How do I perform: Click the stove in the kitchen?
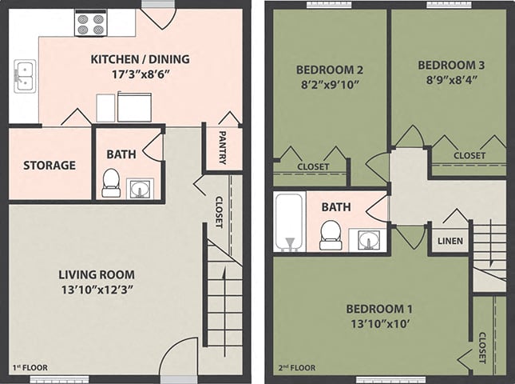click(91, 23)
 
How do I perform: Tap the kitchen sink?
click(24, 76)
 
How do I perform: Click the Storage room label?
click(50, 166)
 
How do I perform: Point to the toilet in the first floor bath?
click(111, 183)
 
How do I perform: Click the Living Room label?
click(97, 274)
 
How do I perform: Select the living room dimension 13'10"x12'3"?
click(97, 290)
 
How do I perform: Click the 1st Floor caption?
click(30, 368)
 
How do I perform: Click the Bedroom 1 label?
click(379, 309)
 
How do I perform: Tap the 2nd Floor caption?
click(295, 368)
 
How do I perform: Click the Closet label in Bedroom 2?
click(312, 166)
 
